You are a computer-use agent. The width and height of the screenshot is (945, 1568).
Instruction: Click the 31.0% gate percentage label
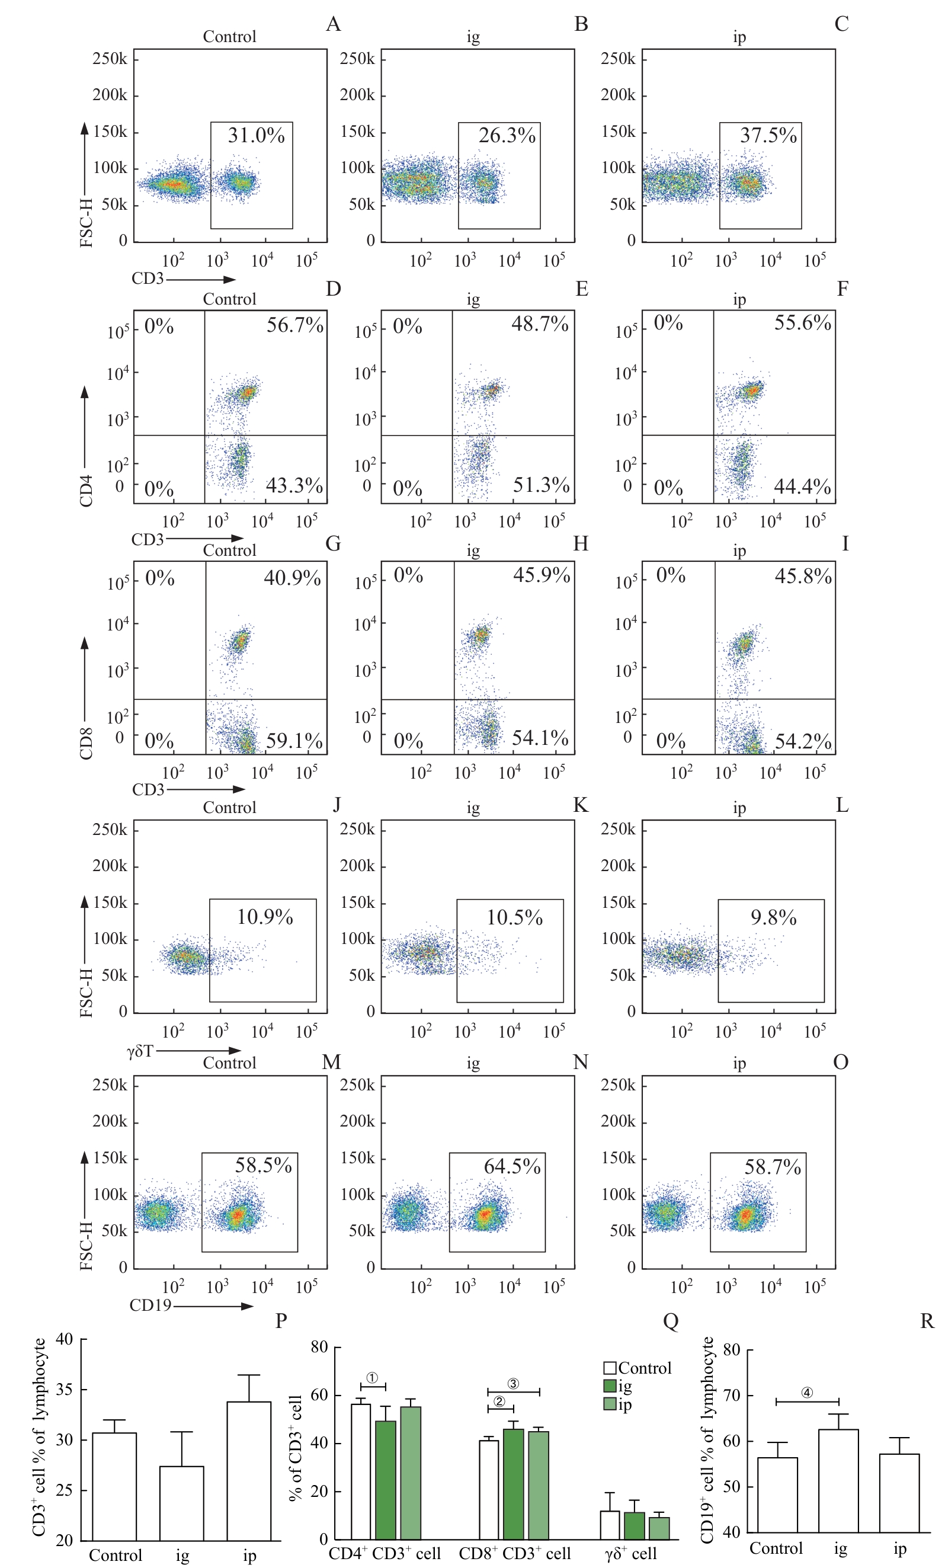click(256, 136)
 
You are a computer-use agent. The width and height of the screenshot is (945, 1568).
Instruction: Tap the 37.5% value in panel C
click(767, 136)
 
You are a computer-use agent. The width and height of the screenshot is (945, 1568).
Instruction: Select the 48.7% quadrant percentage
click(540, 325)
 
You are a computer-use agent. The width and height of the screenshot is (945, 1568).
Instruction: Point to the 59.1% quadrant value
click(294, 741)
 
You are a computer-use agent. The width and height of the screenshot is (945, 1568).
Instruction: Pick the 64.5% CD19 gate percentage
click(512, 1166)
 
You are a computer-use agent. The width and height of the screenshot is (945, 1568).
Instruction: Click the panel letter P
click(281, 1320)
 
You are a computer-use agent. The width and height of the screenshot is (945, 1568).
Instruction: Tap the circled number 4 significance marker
click(806, 1393)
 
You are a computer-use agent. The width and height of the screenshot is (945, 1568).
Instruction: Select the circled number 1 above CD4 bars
click(372, 1378)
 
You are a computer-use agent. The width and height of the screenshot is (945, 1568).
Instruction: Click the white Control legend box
click(610, 1368)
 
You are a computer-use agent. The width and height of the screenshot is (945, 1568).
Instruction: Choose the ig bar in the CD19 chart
click(838, 1480)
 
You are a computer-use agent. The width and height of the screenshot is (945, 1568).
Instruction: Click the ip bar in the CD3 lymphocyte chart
click(249, 1471)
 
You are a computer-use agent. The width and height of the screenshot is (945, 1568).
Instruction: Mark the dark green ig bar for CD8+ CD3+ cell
click(513, 1484)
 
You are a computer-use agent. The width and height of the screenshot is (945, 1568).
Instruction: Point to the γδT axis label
click(140, 1051)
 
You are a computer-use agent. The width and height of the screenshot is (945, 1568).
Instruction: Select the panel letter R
click(927, 1321)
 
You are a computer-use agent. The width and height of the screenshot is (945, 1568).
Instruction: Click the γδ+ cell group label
click(630, 1553)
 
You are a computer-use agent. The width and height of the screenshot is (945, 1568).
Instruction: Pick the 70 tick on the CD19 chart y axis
click(732, 1396)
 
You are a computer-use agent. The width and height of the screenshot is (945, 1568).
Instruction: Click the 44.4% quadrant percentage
click(802, 487)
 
